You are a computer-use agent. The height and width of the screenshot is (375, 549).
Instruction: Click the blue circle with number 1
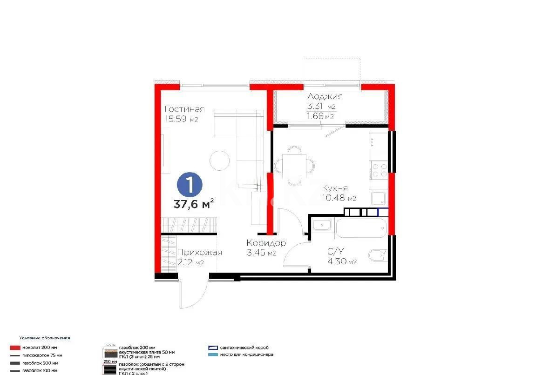[x=190, y=185]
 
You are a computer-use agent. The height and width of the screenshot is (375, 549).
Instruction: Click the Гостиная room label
[x=184, y=109]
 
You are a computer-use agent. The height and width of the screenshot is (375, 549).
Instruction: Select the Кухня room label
[x=334, y=188]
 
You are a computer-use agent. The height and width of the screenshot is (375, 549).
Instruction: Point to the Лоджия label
[x=325, y=97]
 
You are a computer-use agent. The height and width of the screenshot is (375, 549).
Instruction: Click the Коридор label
[x=266, y=243]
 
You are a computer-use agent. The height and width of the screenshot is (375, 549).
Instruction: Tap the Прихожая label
[x=199, y=252]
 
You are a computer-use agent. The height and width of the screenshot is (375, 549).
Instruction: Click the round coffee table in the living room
[x=219, y=161]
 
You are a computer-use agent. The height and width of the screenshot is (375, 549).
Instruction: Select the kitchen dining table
[x=294, y=166]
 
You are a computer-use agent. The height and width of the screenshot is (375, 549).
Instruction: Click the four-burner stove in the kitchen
[x=378, y=170]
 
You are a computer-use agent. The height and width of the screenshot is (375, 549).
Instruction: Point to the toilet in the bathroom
[x=378, y=256]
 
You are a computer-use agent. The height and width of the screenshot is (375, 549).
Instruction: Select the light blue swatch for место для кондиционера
[x=214, y=355]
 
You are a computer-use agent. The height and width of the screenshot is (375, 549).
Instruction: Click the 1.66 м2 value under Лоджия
[x=320, y=116]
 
